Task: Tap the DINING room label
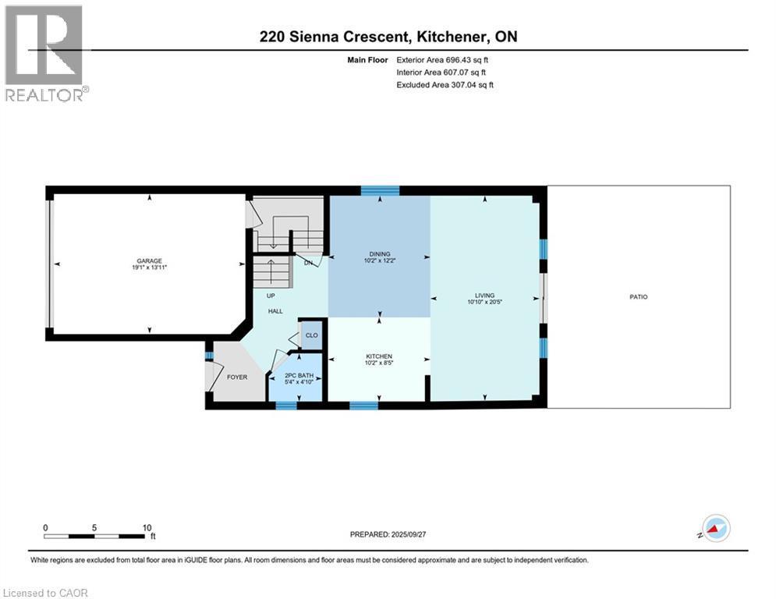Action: [x=379, y=253]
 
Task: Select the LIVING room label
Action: [x=484, y=296]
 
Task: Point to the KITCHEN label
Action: [x=378, y=356]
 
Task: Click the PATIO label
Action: [x=640, y=296]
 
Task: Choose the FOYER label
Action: [x=236, y=377]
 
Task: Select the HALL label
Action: [x=275, y=311]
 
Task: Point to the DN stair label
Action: [x=308, y=263]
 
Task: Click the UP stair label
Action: [x=271, y=296]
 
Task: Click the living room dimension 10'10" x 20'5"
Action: [x=484, y=303]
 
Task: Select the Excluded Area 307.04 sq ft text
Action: [x=445, y=84]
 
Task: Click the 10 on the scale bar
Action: [x=147, y=527]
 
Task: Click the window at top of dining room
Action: [x=380, y=190]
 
